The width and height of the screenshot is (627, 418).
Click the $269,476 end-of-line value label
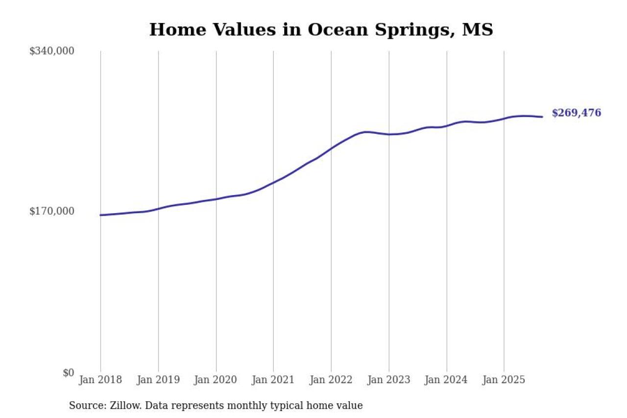pos(576,113)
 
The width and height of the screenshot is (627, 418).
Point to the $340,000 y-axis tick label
pos(51,51)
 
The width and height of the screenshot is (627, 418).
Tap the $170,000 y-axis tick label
pos(51,211)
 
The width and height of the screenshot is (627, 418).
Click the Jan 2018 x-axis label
pos(100,380)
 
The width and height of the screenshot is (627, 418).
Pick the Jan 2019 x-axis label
pos(158,380)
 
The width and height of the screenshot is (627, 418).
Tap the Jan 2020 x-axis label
pos(216,380)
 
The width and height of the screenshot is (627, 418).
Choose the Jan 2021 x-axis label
pos(273,380)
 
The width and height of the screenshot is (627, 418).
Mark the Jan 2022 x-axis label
pos(331,380)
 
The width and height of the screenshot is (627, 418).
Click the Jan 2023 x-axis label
pos(389,380)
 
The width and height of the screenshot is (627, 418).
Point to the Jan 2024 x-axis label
pos(446,380)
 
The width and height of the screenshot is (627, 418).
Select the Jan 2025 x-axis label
pos(504,380)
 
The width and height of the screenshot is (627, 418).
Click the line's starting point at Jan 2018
pos(100,215)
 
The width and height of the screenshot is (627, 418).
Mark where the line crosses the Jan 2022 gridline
pos(331,148)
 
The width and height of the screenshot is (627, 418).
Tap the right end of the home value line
pos(542,117)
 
